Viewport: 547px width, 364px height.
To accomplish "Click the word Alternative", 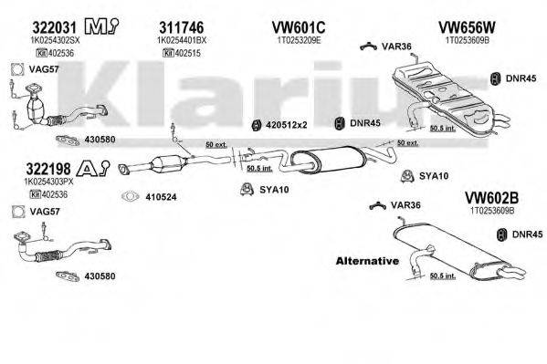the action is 367,261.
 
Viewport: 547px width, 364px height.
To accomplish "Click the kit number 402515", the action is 182,54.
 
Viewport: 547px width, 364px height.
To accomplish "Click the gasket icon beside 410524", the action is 131,196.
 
